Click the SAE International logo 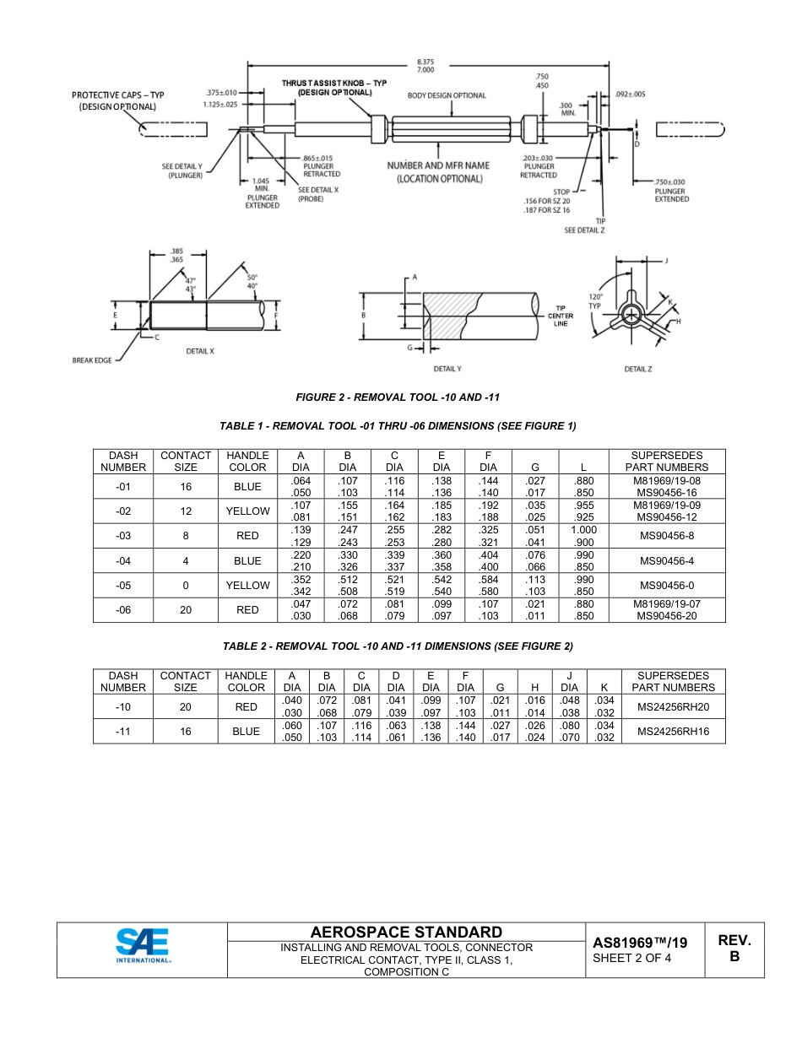(143, 945)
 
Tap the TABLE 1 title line (398, 426)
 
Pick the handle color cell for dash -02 (247, 511)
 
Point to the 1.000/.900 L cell (583, 536)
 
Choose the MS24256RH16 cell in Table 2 (673, 733)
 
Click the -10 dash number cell (123, 707)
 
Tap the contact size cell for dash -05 (185, 586)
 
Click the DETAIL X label (200, 351)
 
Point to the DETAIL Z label (637, 369)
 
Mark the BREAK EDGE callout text (92, 360)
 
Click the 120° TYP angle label (595, 301)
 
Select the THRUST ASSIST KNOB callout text (334, 87)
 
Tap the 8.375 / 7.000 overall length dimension (425, 66)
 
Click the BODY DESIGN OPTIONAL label (447, 96)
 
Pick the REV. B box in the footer (734, 949)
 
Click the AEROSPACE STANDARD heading (406, 932)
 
